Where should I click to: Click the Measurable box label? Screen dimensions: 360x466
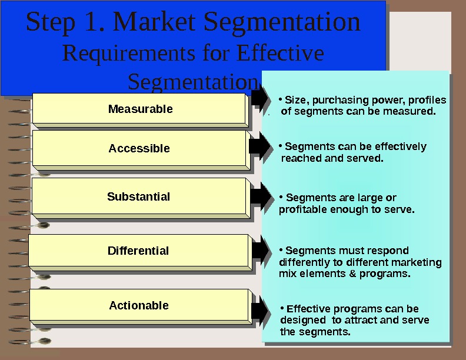point(140,109)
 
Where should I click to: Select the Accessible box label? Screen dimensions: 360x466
point(139,148)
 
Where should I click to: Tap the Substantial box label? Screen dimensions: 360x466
point(138,196)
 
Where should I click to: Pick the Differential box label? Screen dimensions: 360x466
point(138,251)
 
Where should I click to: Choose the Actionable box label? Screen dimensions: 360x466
point(139,305)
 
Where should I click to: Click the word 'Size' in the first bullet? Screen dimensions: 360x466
point(294,99)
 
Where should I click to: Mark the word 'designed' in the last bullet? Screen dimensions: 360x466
point(303,320)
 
